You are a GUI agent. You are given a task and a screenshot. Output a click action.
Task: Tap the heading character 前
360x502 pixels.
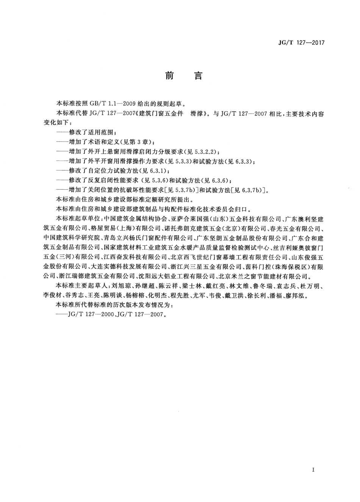[169, 76]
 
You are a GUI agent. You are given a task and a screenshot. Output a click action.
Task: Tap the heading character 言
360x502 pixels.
[199, 76]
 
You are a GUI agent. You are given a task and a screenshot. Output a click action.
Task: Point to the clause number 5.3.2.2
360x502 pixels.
[205, 152]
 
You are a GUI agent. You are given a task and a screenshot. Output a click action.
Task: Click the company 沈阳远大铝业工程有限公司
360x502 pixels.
[178, 276]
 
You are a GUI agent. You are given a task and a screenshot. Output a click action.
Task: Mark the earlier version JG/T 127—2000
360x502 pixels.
[91, 315]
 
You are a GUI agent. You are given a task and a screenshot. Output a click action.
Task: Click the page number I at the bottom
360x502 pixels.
[313, 470]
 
